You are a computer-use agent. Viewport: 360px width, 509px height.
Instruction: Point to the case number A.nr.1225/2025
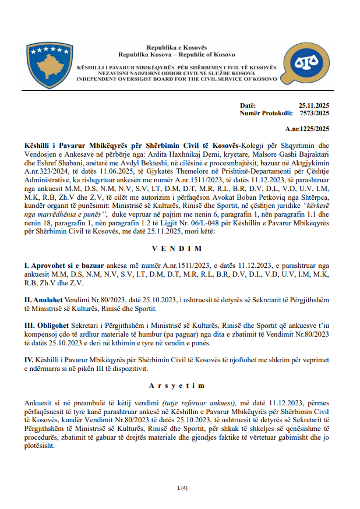click(x=308, y=128)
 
